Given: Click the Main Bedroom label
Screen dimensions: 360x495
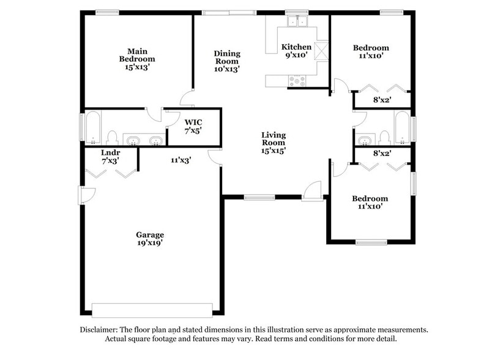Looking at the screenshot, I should tap(136, 59).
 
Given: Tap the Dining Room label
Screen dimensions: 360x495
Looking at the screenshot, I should tap(226, 61).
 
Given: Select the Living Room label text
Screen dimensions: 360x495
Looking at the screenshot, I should tap(274, 142).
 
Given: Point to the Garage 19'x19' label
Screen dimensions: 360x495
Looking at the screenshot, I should tap(150, 238).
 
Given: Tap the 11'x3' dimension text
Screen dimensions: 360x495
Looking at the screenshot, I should tap(181, 160).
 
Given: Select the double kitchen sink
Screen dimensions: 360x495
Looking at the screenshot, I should tap(297, 23).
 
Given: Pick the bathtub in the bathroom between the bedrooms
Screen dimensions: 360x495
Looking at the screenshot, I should tap(403, 128).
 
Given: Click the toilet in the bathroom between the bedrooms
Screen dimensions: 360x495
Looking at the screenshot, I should tap(384, 136).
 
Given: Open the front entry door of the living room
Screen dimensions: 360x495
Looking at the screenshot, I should tap(313, 191).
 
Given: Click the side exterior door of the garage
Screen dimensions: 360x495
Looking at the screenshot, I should tap(86, 195).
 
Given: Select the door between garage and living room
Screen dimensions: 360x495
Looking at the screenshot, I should tap(215, 158).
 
